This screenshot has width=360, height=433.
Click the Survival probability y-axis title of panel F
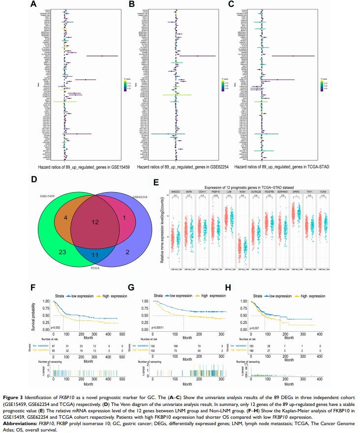coord(34,317)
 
